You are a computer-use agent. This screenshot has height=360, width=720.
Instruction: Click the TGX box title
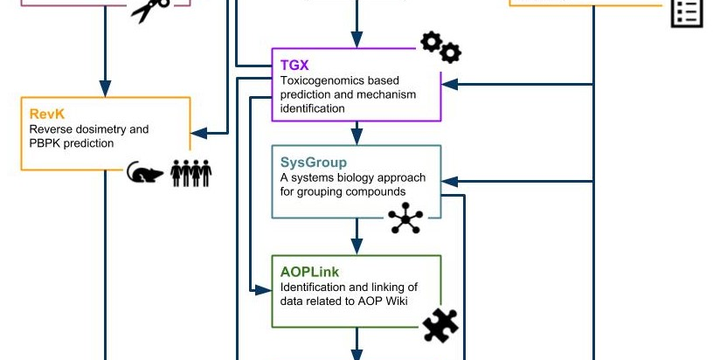[294, 66]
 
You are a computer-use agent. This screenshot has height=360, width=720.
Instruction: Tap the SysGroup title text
[314, 162]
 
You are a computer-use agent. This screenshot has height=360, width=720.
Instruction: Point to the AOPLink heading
[309, 272]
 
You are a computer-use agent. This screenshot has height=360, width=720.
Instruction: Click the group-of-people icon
[191, 173]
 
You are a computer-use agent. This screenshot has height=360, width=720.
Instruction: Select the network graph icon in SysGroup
[405, 218]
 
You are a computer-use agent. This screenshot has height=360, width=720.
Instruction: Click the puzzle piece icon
[440, 325]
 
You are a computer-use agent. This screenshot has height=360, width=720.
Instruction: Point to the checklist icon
[687, 13]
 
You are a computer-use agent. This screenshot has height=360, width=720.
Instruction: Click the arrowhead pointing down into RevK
[105, 88]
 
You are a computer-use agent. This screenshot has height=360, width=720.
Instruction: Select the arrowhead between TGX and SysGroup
[357, 135]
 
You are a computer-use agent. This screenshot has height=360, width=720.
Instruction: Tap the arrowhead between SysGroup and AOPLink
[357, 246]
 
